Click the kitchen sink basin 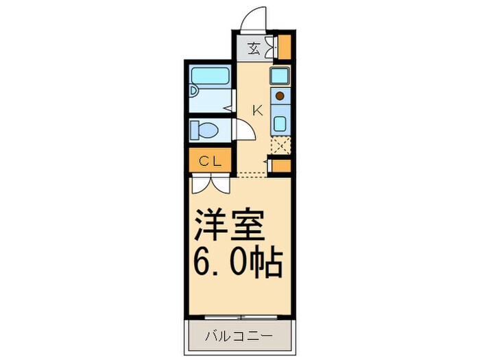280,124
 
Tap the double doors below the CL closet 211,183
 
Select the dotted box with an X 281,145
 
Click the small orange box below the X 280,167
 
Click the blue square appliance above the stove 280,75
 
